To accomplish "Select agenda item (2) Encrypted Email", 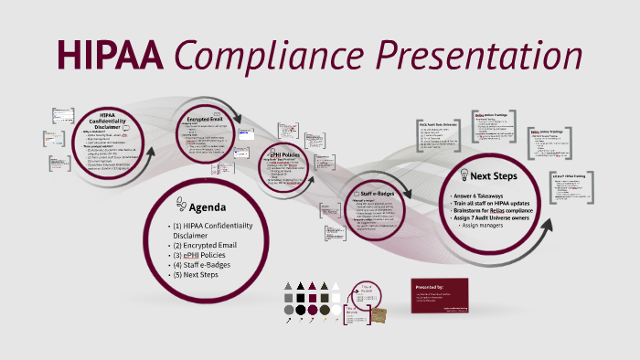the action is [x=206, y=245].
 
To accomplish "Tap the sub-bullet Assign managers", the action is [x=485, y=225].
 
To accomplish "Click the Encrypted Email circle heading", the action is [x=206, y=119].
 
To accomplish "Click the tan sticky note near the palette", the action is [x=379, y=312].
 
